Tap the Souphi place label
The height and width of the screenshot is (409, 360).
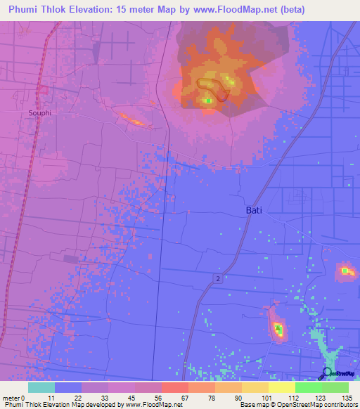click(41, 112)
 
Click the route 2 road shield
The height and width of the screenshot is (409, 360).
click(218, 280)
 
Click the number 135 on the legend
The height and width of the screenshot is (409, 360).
click(347, 397)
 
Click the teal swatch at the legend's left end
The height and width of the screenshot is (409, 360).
click(41, 387)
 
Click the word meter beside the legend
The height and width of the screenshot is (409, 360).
click(10, 397)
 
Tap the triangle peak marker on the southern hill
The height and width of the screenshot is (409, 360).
click(278, 327)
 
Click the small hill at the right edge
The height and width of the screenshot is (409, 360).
click(345, 271)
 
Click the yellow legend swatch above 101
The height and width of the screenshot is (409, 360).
click(255, 387)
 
